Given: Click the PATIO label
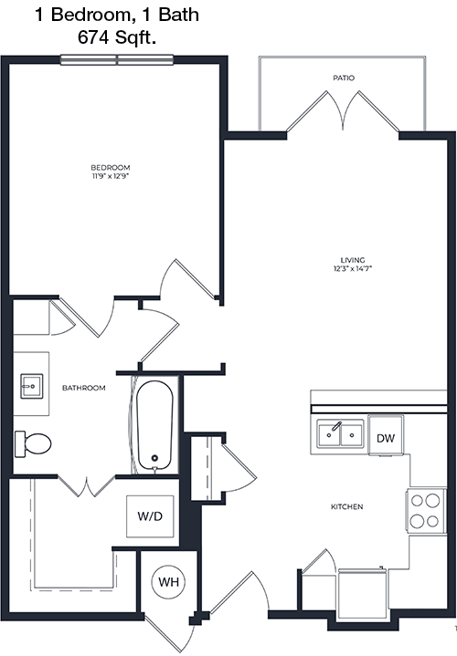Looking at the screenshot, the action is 344,78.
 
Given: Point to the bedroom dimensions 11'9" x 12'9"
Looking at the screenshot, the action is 111,176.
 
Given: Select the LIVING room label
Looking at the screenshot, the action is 353,260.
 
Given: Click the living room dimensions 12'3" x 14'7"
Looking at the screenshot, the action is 353,268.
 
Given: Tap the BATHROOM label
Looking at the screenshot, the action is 84,388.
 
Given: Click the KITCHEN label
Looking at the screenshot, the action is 347,506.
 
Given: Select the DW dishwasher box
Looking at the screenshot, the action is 386,435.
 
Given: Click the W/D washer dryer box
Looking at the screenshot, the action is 150,516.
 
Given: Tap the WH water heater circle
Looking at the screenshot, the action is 168,582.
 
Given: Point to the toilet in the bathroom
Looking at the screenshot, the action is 33,444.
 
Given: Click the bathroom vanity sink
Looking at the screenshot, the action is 32,386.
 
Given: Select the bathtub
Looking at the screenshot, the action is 154,425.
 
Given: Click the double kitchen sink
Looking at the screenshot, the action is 340,434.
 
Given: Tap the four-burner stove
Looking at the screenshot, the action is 425,510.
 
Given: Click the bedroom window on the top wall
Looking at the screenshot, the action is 117,60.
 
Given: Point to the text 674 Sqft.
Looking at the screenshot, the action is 117,37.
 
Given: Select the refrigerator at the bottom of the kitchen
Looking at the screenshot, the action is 363,589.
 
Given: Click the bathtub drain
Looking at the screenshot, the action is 154,458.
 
